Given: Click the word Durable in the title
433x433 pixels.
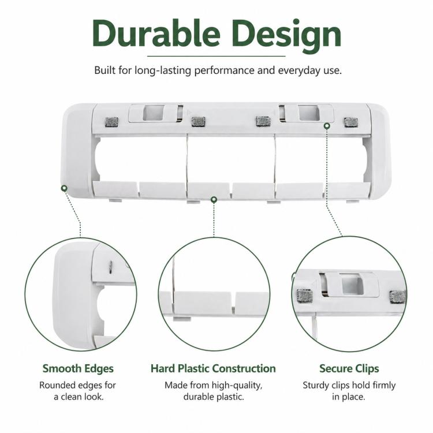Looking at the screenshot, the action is click(x=156, y=33).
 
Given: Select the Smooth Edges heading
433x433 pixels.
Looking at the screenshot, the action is click(x=78, y=369).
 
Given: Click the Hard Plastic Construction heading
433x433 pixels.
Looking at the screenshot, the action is click(x=213, y=368).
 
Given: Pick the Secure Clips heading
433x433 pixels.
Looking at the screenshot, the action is click(x=349, y=369).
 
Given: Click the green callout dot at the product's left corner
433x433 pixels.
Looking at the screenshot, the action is click(x=64, y=188).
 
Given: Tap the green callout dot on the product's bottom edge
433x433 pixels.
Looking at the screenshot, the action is click(x=214, y=199).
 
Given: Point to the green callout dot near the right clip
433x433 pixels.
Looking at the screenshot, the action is click(x=327, y=126).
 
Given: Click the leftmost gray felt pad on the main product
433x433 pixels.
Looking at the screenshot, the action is click(x=112, y=122).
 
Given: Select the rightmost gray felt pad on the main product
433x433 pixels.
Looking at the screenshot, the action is click(x=351, y=122).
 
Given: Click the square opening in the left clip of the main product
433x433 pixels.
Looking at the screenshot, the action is click(x=154, y=113).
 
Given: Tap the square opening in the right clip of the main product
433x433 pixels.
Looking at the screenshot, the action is click(x=309, y=113).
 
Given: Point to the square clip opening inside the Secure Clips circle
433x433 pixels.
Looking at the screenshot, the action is click(x=353, y=285).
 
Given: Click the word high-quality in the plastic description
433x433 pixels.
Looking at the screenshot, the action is click(x=237, y=386).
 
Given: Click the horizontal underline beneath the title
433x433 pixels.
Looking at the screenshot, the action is click(x=216, y=56).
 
